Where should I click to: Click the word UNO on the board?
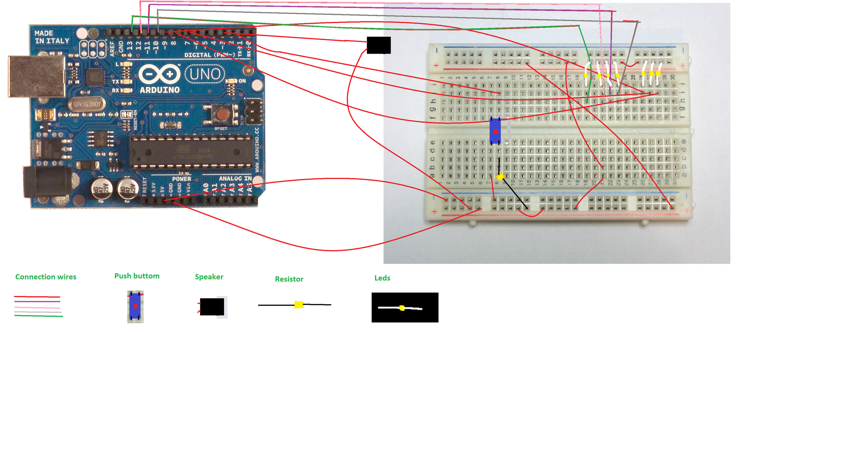(x=205, y=74)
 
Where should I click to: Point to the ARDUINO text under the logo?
(x=159, y=90)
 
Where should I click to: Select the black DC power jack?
(x=47, y=182)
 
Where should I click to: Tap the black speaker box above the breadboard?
(x=379, y=45)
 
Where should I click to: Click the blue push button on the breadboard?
(x=495, y=131)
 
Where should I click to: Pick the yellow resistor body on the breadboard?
(x=500, y=177)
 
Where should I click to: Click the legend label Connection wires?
(x=46, y=277)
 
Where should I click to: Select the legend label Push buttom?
(x=137, y=276)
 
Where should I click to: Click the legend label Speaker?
(x=209, y=277)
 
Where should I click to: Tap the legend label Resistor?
(x=289, y=279)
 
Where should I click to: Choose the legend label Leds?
(x=382, y=278)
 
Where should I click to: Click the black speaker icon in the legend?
(x=212, y=307)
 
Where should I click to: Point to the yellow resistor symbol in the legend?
(x=299, y=305)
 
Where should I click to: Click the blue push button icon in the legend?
(x=135, y=307)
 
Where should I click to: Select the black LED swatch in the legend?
(x=405, y=307)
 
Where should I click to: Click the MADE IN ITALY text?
(x=52, y=37)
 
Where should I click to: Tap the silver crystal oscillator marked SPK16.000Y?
(x=88, y=104)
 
